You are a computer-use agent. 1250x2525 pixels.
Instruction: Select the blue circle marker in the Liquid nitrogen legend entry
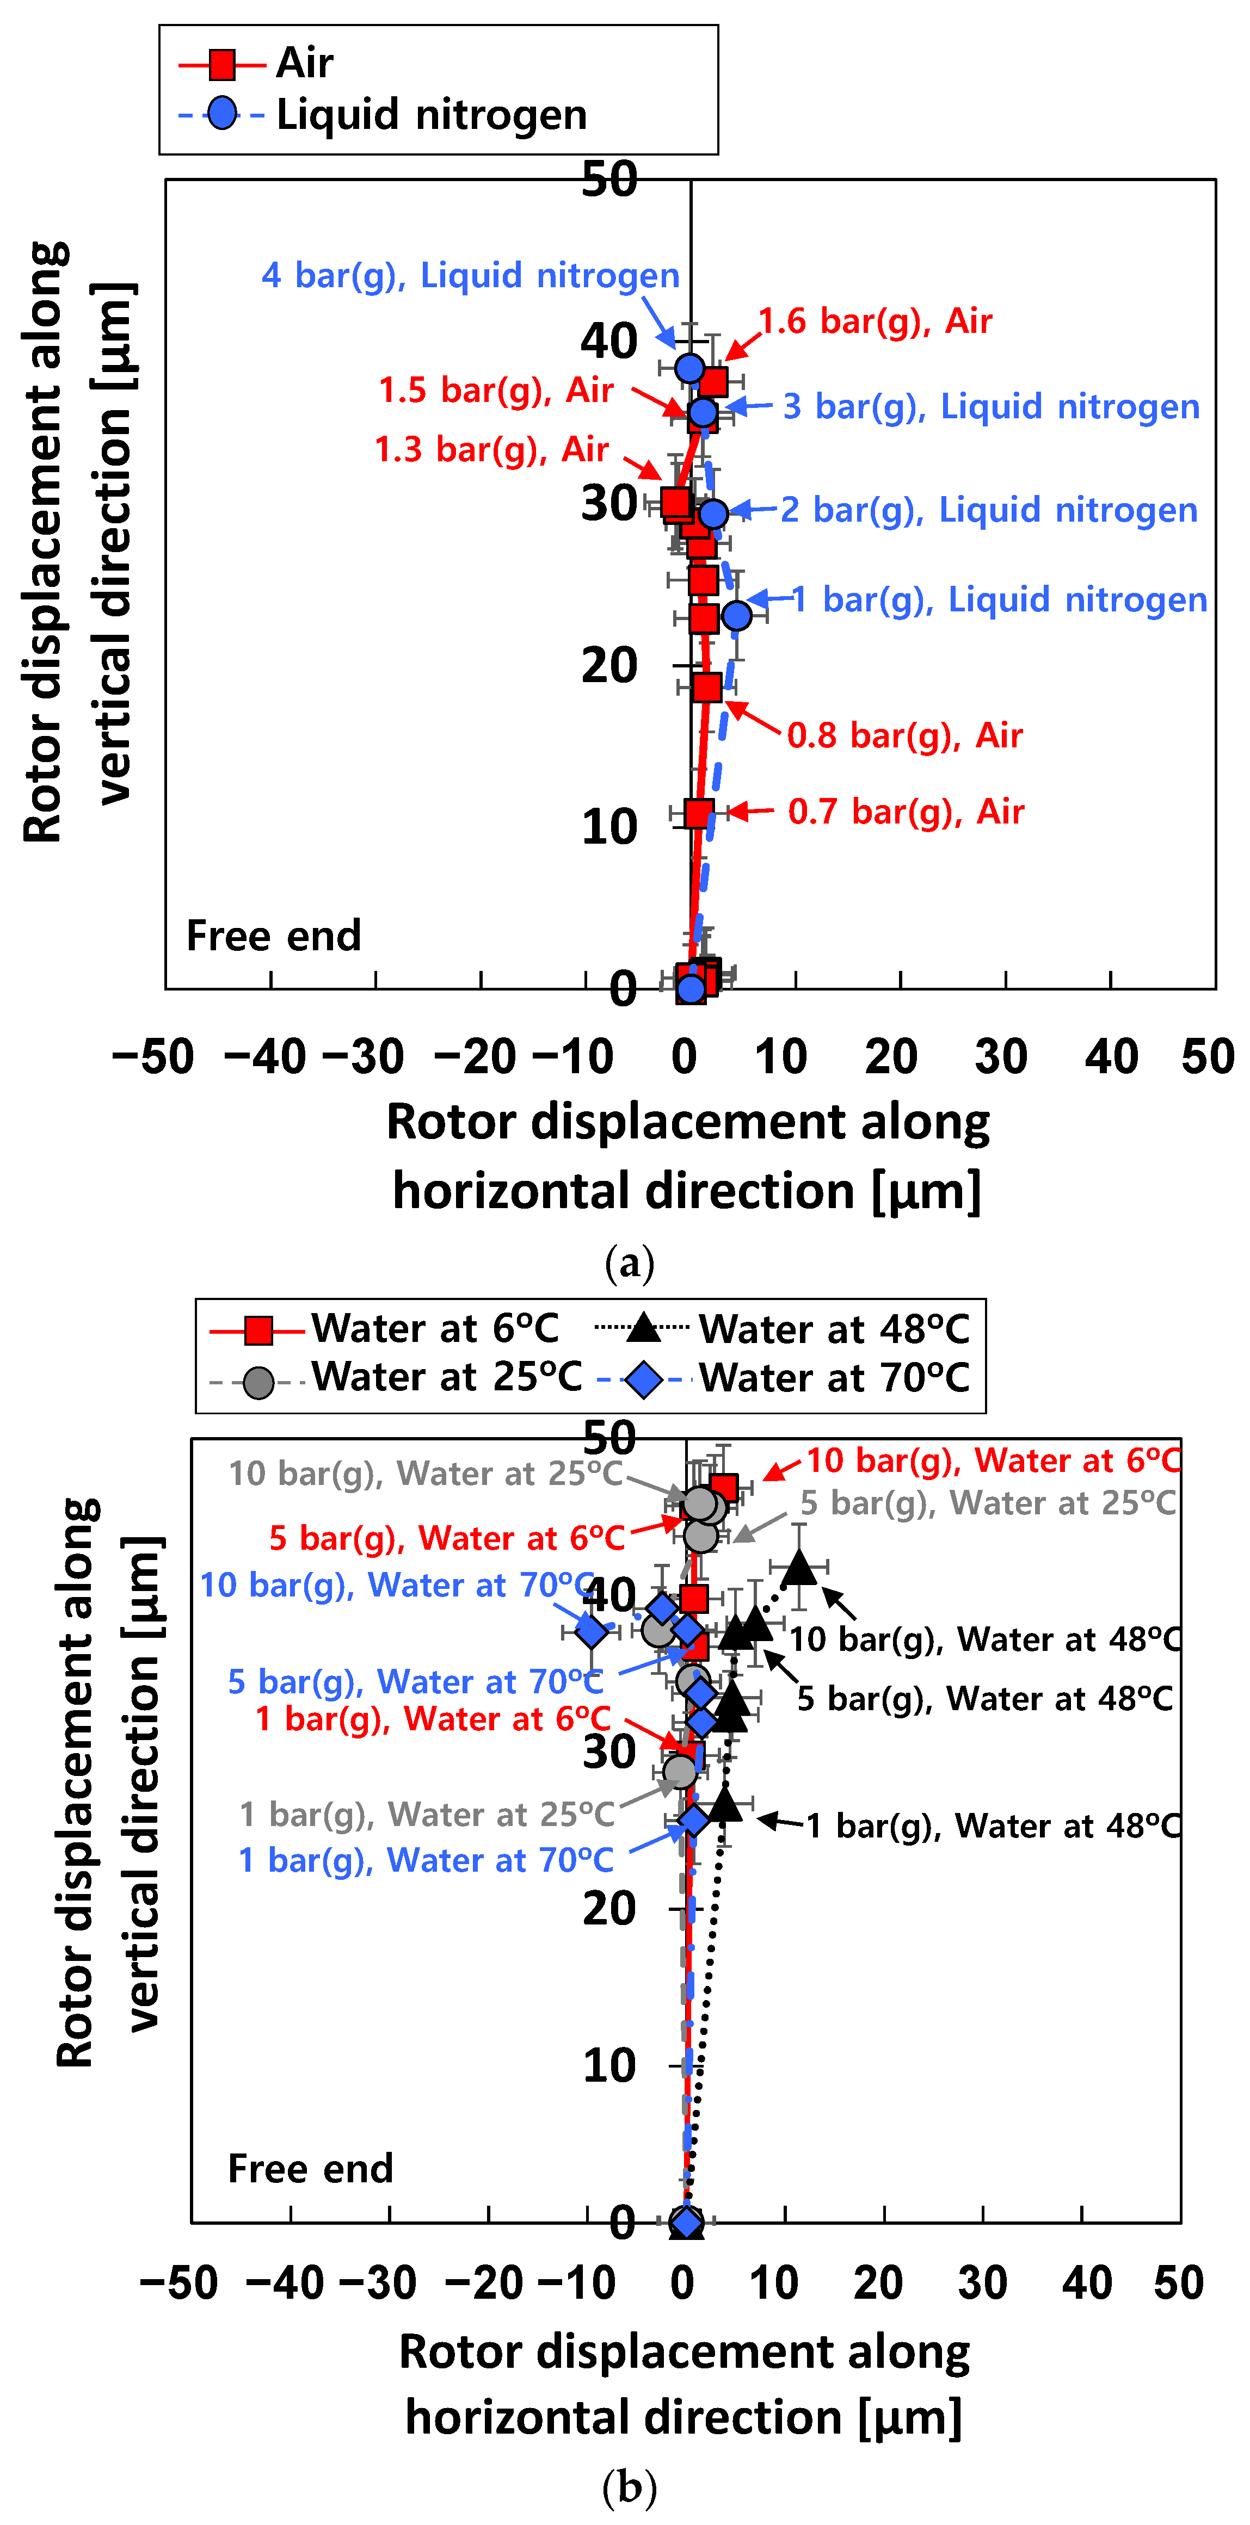click(x=223, y=114)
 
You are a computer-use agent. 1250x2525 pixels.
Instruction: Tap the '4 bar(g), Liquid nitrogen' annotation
click(x=471, y=275)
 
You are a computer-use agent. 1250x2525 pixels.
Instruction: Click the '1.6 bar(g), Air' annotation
click(x=876, y=321)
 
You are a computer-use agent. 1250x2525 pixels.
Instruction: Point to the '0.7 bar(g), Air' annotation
click(x=906, y=812)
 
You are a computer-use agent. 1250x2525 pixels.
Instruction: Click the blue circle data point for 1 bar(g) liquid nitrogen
click(x=736, y=616)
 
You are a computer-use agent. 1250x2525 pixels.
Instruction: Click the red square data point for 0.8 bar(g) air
click(x=706, y=687)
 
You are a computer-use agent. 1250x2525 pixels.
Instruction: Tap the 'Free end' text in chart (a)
click(x=274, y=936)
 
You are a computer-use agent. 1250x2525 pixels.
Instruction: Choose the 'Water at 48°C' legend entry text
click(x=833, y=1330)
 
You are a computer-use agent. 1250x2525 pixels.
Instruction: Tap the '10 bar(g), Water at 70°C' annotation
click(x=397, y=1585)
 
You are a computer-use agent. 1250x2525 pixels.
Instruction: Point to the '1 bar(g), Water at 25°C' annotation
click(x=427, y=1815)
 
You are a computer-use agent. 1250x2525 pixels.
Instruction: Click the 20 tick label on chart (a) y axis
click(x=609, y=666)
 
